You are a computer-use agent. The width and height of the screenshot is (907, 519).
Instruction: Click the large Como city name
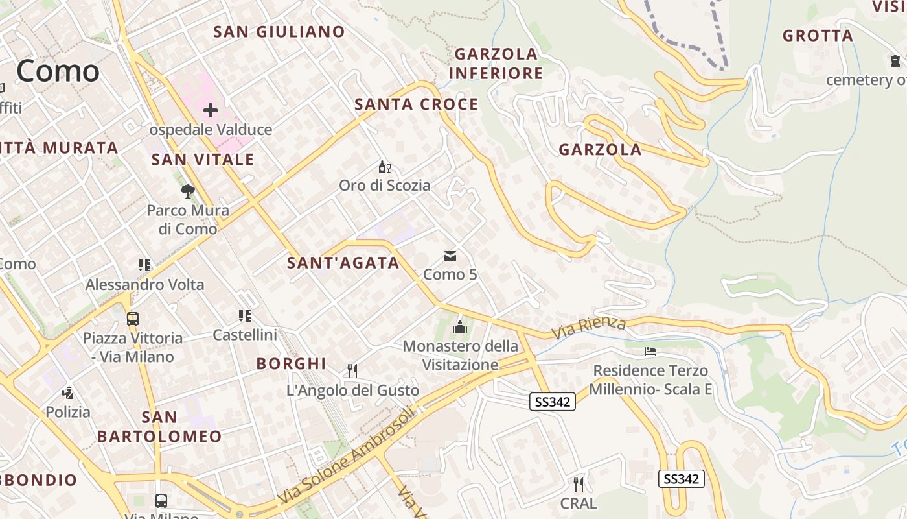click(x=58, y=71)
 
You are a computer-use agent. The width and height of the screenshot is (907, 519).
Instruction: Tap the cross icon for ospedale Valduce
click(x=211, y=110)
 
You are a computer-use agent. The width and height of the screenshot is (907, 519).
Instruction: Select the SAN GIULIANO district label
click(x=279, y=32)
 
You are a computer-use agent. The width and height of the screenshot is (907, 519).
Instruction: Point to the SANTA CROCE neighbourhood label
click(x=416, y=104)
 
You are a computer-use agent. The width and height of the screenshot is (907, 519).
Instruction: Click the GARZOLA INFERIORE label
click(x=496, y=64)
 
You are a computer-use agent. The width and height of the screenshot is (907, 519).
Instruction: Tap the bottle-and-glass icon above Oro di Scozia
click(x=385, y=167)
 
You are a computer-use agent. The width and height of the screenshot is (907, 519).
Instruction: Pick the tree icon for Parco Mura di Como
click(x=188, y=191)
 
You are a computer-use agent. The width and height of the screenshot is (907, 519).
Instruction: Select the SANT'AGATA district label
click(x=343, y=263)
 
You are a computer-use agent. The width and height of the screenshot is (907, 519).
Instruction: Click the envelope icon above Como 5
click(x=450, y=256)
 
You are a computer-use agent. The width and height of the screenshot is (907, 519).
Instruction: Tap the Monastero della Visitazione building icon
click(x=460, y=326)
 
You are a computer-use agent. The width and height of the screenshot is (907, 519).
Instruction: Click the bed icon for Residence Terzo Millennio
click(x=651, y=352)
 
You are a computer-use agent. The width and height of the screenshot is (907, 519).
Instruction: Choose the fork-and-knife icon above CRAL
click(x=579, y=484)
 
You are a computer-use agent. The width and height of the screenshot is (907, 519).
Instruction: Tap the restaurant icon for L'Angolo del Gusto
click(x=352, y=371)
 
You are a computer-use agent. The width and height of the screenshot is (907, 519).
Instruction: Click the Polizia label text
click(x=68, y=412)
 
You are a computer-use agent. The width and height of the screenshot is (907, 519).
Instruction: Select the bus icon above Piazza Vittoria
click(x=132, y=319)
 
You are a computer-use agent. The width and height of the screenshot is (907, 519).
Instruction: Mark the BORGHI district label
click(x=291, y=364)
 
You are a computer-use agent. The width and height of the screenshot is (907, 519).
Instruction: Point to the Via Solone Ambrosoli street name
click(x=346, y=457)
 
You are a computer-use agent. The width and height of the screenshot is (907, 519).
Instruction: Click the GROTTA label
click(x=818, y=36)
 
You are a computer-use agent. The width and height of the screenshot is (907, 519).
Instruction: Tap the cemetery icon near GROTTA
click(x=895, y=61)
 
